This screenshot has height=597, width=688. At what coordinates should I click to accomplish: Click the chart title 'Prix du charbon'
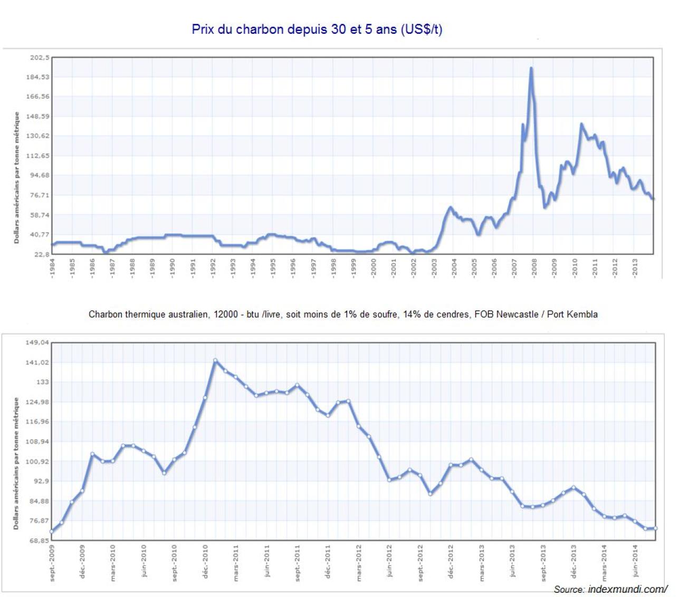click(x=317, y=29)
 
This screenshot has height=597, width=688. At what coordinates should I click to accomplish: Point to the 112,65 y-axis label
click(x=39, y=156)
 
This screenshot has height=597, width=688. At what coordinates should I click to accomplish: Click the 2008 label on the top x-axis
click(x=534, y=267)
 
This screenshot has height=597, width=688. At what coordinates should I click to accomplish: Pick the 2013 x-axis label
click(x=635, y=267)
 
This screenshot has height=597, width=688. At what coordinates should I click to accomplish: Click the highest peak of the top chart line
click(x=531, y=68)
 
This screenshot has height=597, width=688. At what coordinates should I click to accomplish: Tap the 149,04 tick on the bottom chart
click(x=37, y=343)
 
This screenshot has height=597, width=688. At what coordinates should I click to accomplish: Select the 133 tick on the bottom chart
click(x=42, y=382)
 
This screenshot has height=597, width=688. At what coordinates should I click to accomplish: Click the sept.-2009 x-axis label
click(x=52, y=563)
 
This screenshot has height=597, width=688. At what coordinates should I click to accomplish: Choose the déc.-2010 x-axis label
click(x=205, y=561)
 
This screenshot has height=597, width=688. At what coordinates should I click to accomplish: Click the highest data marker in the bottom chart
click(x=215, y=361)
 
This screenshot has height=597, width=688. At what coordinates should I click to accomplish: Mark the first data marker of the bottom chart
click(x=52, y=532)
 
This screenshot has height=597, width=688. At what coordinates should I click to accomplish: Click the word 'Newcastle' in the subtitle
click(x=519, y=314)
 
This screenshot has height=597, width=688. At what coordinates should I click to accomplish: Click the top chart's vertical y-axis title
click(x=17, y=177)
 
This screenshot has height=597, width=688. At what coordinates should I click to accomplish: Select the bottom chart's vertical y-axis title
click(x=16, y=464)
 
